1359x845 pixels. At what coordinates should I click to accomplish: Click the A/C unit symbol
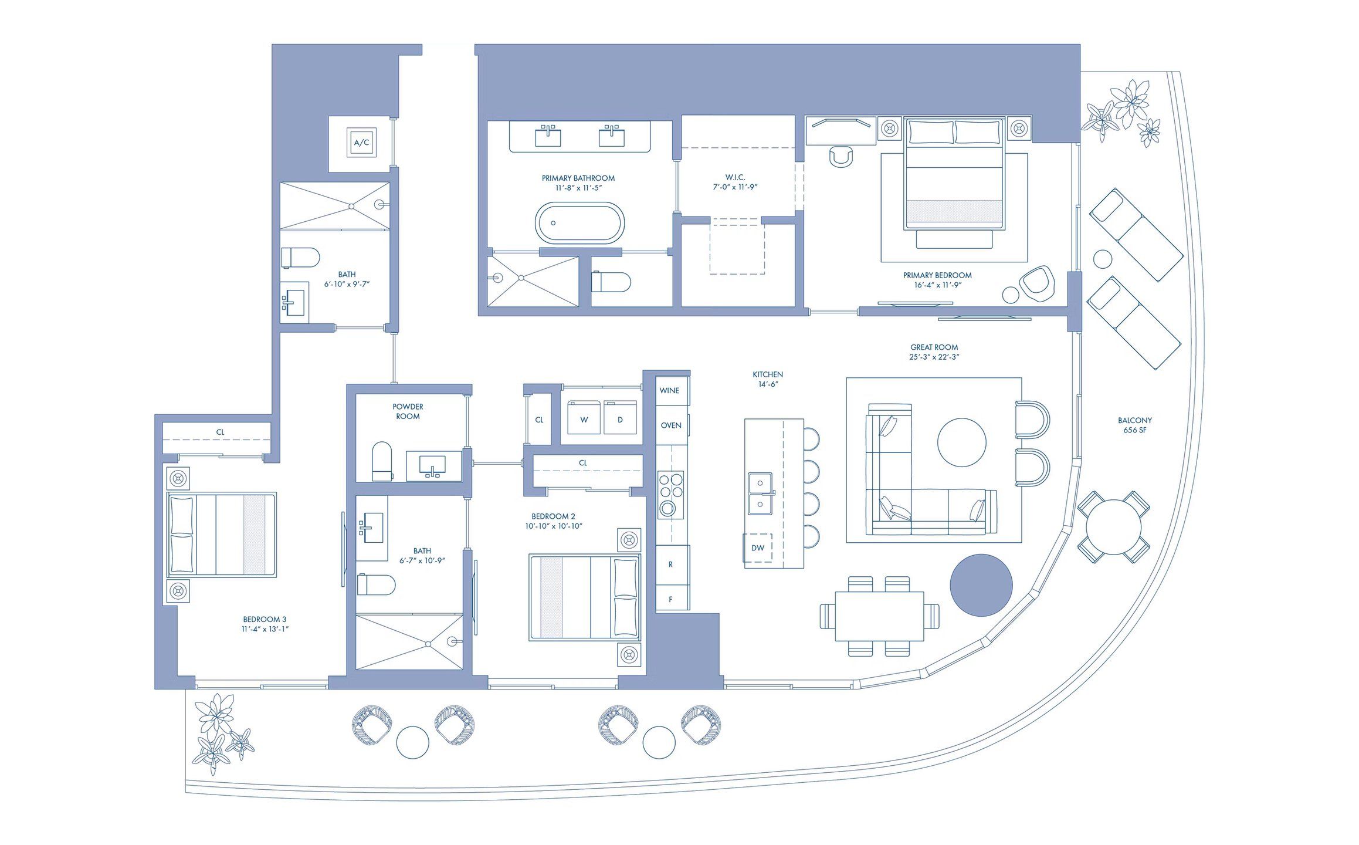(x=361, y=143)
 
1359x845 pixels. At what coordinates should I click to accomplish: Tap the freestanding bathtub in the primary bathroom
(x=579, y=223)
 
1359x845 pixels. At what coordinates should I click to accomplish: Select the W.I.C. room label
(x=735, y=177)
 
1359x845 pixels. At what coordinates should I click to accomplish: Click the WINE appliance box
(x=670, y=391)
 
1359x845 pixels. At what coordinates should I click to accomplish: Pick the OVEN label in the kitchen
(x=671, y=425)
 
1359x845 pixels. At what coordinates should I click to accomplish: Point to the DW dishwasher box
(x=758, y=548)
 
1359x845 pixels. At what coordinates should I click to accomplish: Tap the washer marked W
(x=584, y=418)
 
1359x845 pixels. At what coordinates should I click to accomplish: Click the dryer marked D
(x=620, y=418)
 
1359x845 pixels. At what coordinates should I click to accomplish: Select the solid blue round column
(x=981, y=585)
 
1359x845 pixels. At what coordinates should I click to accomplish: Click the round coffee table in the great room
(x=961, y=442)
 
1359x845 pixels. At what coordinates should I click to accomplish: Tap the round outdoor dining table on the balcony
(x=1113, y=527)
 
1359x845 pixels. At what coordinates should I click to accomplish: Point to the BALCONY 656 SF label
(x=1134, y=425)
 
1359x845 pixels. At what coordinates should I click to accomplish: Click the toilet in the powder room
(x=382, y=461)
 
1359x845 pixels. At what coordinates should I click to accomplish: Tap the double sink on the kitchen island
(x=760, y=494)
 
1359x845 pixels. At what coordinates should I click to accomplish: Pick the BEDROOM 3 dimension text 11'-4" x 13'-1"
(x=265, y=629)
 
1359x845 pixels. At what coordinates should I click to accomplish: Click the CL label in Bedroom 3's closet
(x=220, y=432)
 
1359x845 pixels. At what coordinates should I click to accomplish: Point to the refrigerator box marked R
(x=670, y=565)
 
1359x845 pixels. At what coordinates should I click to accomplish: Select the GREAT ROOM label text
(x=934, y=347)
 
